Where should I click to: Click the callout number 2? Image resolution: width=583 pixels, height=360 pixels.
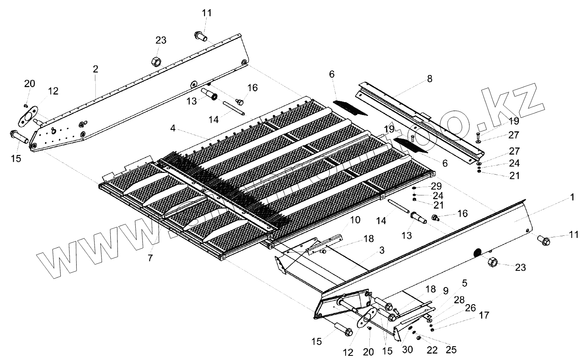tap(95, 70)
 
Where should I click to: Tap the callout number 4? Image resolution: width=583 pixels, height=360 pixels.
tap(172, 129)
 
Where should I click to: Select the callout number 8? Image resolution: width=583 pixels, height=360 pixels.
tap(430, 78)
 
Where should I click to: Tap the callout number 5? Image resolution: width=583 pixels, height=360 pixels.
tap(464, 283)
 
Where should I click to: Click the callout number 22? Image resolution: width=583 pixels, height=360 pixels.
tap(432, 350)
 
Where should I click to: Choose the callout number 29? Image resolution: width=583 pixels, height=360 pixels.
tap(436, 186)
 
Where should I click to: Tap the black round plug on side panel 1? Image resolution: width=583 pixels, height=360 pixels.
tap(477, 252)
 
